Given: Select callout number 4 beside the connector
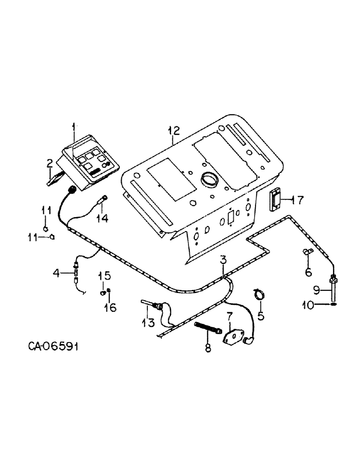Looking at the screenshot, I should pyautogui.click(x=56, y=274).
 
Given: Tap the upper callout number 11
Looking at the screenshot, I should pyautogui.click(x=46, y=211).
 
